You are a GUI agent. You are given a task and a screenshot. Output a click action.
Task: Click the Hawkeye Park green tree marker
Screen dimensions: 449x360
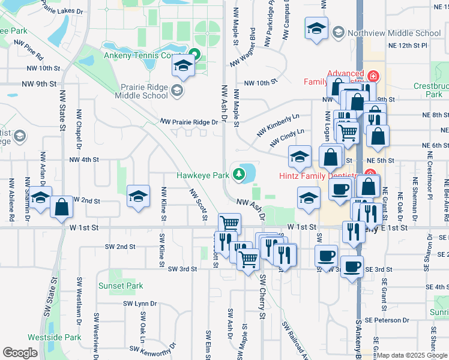(240, 175)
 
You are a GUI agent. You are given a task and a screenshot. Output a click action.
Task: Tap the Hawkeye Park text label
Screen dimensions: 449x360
(203, 175)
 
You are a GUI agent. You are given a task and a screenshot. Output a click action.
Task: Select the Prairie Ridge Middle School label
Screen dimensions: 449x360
(141, 91)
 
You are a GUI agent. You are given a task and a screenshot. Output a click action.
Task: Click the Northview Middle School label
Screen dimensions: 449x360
(394, 33)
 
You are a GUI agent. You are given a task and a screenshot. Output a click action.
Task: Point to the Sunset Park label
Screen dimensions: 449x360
(121, 286)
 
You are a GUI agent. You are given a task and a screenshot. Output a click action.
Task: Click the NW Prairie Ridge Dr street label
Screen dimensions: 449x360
(189, 122)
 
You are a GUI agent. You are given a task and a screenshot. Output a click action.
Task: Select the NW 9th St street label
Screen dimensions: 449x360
(37, 83)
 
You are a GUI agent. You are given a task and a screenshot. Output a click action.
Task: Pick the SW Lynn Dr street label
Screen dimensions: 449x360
(137, 304)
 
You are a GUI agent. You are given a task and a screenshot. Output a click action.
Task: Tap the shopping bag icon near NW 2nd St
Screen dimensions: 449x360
(61, 207)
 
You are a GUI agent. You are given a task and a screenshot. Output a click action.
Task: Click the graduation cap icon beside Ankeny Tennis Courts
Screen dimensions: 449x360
(184, 66)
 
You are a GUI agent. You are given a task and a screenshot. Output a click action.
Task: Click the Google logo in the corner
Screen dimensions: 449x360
(20, 353)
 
